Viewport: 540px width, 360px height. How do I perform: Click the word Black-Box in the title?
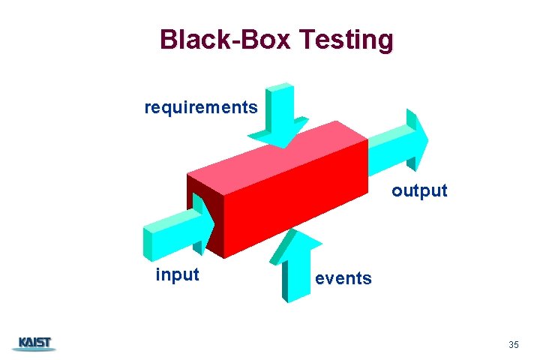[x=225, y=40]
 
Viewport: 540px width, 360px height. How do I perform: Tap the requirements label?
[x=201, y=107]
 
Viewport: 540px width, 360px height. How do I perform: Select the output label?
[x=419, y=190]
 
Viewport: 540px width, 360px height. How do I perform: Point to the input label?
[x=177, y=274]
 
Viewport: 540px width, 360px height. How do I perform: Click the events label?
[x=343, y=278]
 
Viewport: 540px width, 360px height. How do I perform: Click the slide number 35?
[x=513, y=345]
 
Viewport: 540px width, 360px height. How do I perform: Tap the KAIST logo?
[x=34, y=344]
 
